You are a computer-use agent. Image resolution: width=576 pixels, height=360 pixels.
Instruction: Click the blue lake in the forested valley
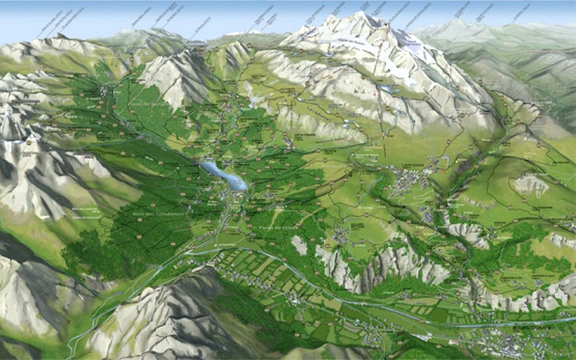point(223,175)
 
